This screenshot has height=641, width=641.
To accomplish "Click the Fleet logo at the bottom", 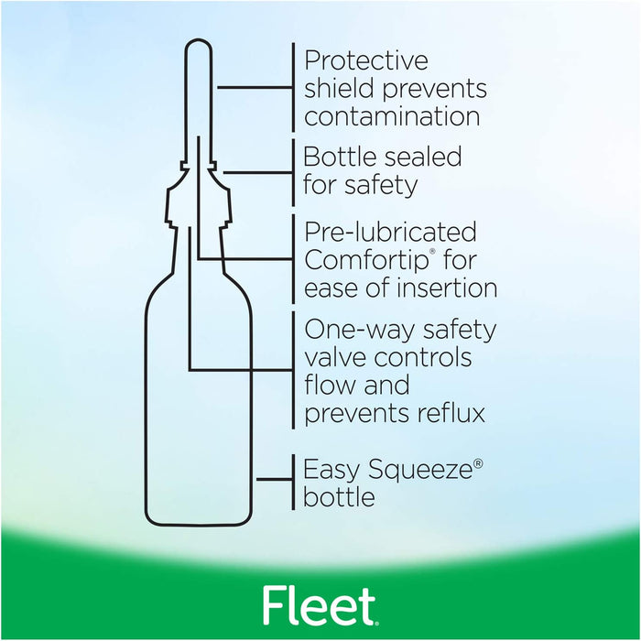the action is (x=320, y=606).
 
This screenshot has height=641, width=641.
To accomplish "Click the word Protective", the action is (x=366, y=61).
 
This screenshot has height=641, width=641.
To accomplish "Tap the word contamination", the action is (x=392, y=116).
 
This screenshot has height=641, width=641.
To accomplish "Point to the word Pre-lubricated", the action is (x=390, y=233).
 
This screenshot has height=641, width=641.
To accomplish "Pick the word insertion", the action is (x=447, y=288).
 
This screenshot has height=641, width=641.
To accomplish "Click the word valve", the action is (x=335, y=358).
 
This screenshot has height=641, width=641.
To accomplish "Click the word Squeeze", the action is (x=420, y=471).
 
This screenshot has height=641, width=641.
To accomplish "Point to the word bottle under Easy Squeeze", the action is (x=340, y=496).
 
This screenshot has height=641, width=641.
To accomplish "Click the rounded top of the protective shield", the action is (x=199, y=40).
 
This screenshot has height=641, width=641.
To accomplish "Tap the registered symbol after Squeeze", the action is (x=478, y=463).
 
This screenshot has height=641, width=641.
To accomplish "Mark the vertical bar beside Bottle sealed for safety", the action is (x=294, y=173).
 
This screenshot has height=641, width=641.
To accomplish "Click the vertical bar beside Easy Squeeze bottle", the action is (x=294, y=482).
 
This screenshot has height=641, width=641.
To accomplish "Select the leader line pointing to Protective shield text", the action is (x=255, y=87).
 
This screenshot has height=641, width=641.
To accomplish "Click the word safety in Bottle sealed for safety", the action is (x=381, y=186).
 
